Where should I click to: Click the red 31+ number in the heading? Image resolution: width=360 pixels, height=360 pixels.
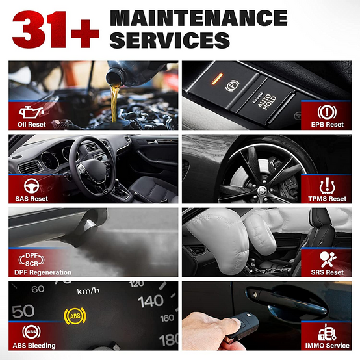tap(56, 29)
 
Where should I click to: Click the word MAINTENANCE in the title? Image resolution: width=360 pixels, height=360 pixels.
tap(199, 18)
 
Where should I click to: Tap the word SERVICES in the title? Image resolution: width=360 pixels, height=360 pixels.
tap(170, 40)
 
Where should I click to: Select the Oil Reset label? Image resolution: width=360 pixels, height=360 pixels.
tap(32, 124)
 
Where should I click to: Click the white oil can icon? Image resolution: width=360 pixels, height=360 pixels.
tap(31, 112)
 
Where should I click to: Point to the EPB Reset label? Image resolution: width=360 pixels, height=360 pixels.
tap(327, 124)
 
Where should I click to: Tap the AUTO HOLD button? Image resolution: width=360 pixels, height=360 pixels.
tap(266, 101)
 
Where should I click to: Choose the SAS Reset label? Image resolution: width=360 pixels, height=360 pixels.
tap(32, 199)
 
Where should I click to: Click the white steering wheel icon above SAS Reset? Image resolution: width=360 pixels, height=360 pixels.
tap(31, 185)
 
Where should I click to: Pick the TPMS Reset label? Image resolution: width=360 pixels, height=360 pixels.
tap(327, 199)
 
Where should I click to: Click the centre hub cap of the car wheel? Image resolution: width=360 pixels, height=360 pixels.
tap(261, 190)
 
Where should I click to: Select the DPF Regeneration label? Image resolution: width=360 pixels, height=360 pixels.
tap(43, 272)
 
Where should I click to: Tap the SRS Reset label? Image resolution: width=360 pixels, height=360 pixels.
tap(327, 272)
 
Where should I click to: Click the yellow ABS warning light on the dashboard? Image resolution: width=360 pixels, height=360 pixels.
tap(75, 316)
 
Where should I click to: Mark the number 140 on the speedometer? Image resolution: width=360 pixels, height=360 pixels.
tap(151, 302)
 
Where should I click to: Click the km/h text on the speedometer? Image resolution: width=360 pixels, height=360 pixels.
tap(88, 291)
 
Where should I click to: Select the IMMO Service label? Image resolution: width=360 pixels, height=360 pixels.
tap(327, 346)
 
